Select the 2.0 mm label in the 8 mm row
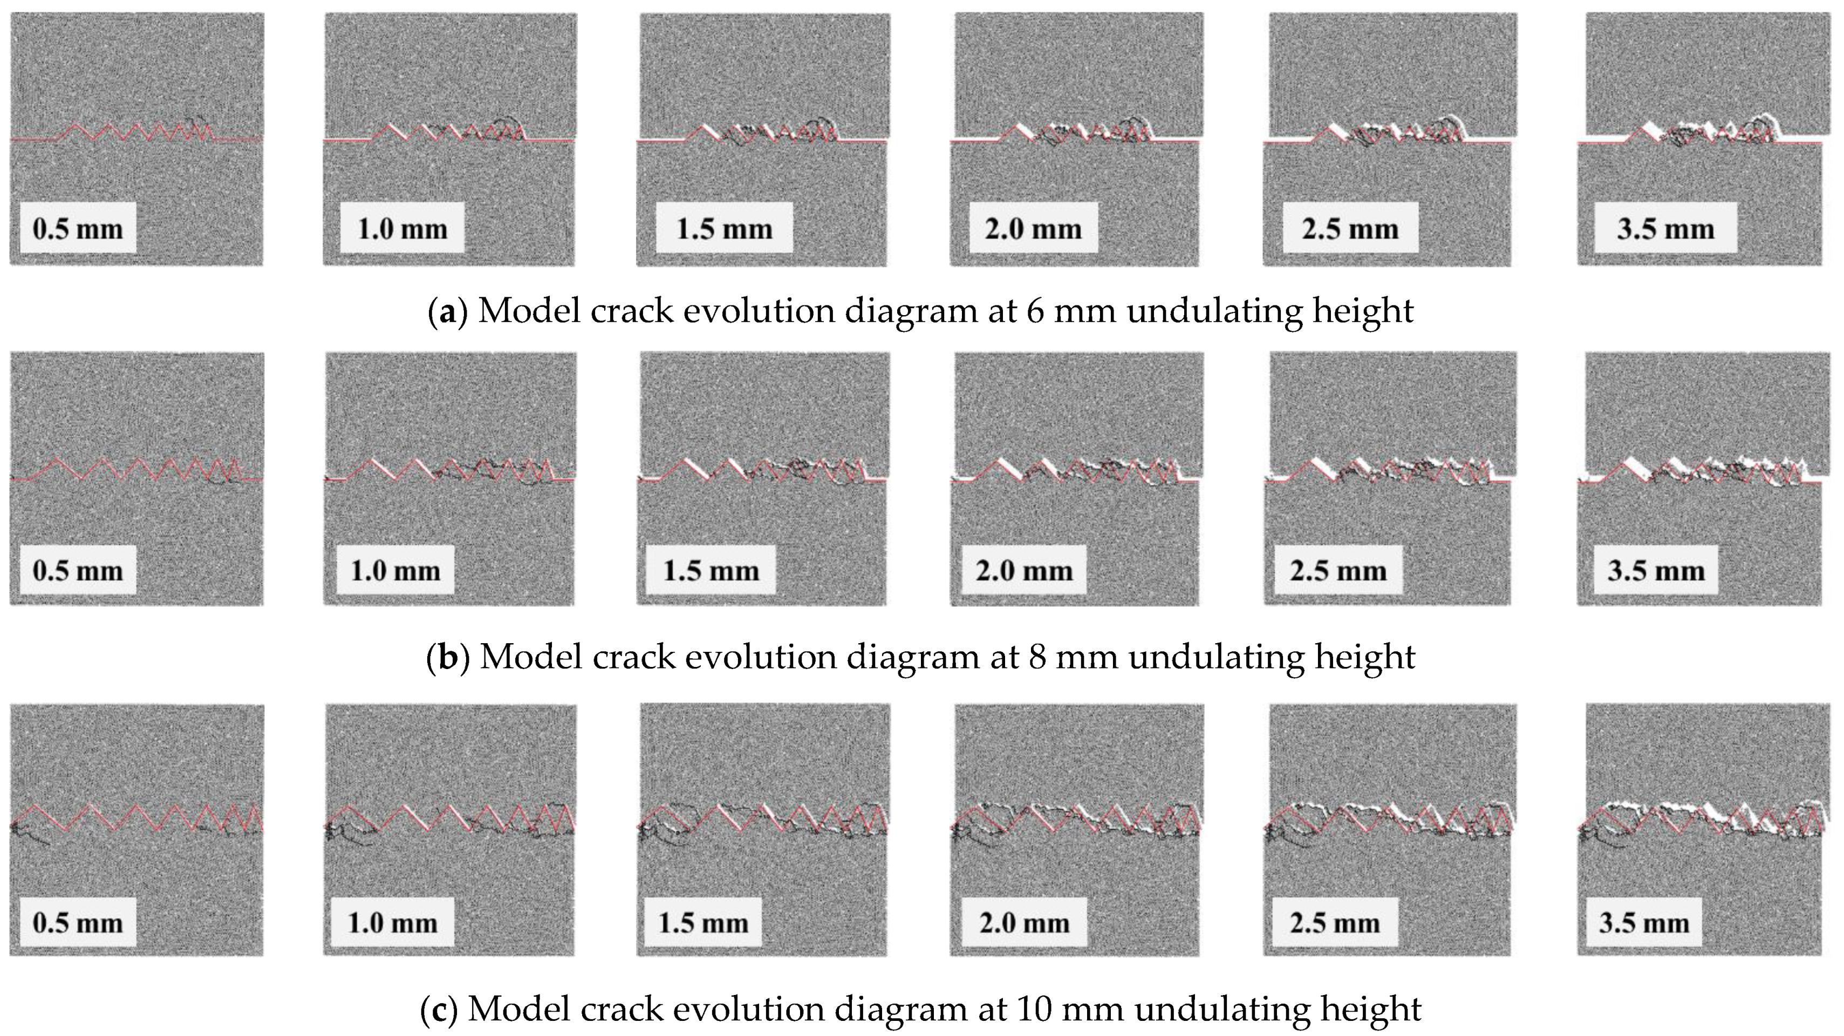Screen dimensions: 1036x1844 click(x=1023, y=571)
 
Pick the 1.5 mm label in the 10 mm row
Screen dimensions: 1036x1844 click(x=702, y=923)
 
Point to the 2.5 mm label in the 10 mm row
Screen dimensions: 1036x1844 click(x=1334, y=923)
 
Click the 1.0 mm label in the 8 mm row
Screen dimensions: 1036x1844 click(x=394, y=571)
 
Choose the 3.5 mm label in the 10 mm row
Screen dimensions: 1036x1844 click(x=1643, y=923)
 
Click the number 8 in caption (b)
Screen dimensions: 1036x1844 click(x=1037, y=657)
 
